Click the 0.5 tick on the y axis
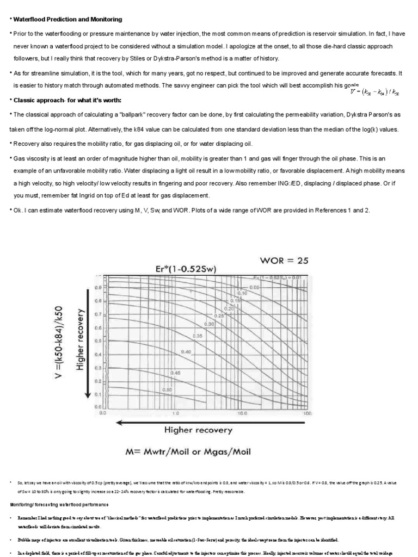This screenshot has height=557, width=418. tap(99, 341)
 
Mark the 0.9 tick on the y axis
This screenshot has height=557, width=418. tap(99, 287)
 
